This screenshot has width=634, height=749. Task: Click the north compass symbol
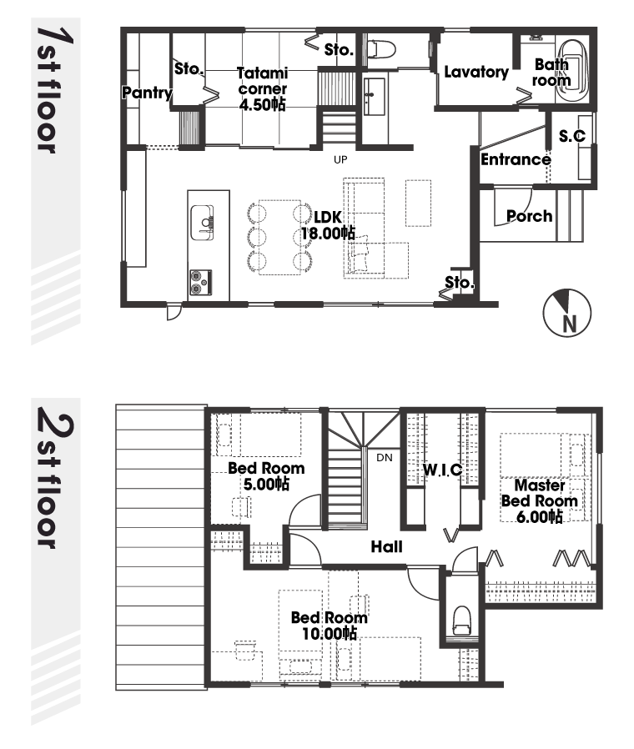[567, 313]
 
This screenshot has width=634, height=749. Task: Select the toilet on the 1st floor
[380, 48]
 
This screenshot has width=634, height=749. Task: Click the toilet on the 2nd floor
[462, 620]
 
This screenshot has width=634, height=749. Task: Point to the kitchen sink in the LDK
[202, 223]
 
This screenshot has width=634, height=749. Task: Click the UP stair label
[340, 159]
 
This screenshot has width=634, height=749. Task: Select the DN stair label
[384, 458]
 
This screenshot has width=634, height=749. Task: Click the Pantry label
[147, 93]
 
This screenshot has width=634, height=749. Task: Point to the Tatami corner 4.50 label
[262, 89]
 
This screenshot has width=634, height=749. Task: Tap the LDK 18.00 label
[328, 225]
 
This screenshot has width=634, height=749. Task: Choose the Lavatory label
[476, 72]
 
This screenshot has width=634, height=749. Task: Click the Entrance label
[516, 159]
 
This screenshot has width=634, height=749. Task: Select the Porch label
[530, 216]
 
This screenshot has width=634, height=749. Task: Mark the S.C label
[572, 136]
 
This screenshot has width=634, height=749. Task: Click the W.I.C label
[442, 470]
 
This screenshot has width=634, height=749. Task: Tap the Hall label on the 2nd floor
[386, 546]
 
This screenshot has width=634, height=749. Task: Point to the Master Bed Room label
[540, 500]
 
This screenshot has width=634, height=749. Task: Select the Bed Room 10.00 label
[330, 626]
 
